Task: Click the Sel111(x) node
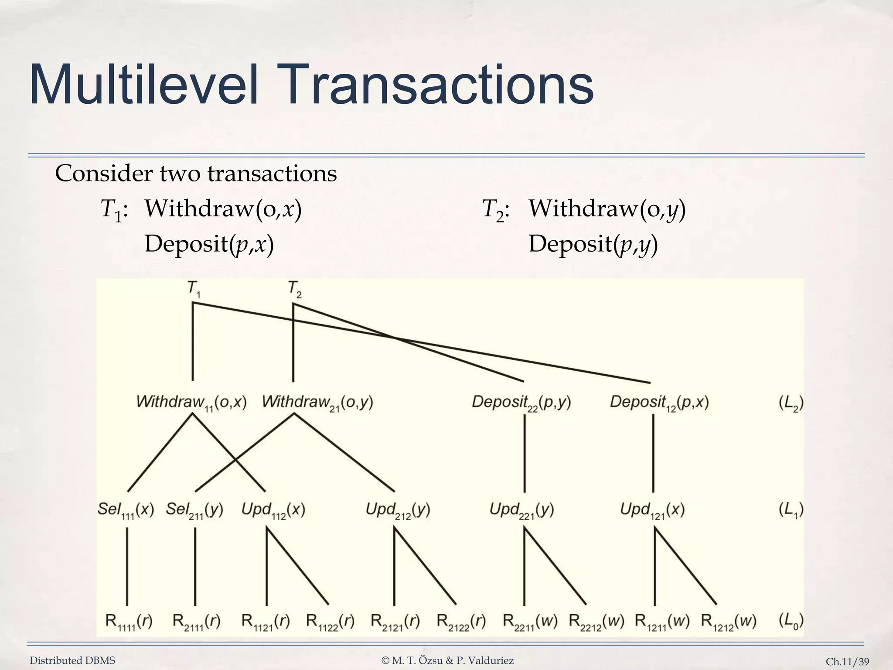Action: click(x=126, y=510)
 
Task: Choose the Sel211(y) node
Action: click(x=194, y=510)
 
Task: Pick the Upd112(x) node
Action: click(x=273, y=510)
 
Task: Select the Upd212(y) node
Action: click(x=398, y=510)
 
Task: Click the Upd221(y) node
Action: click(x=521, y=510)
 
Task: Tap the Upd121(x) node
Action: click(x=652, y=510)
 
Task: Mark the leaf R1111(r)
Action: click(x=129, y=621)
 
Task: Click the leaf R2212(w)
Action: click(x=596, y=621)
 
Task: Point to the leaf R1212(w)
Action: click(x=728, y=621)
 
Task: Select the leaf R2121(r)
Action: click(x=395, y=621)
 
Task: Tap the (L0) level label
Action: click(x=791, y=621)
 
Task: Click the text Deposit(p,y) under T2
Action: click(x=593, y=244)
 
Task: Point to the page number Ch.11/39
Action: click(x=847, y=662)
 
